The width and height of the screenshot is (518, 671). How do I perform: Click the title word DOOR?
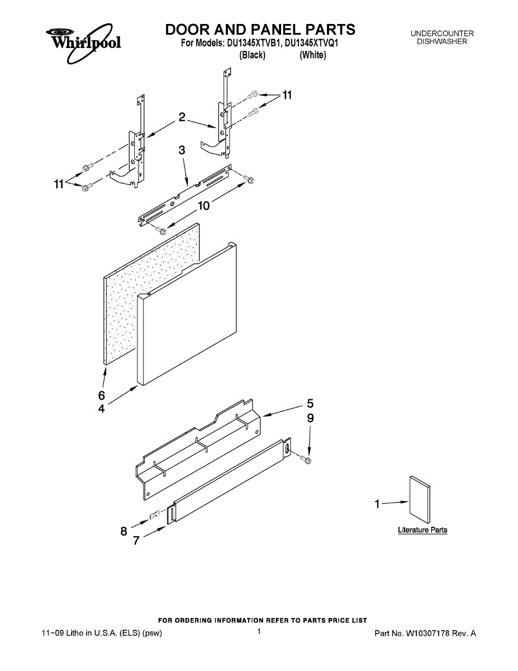click(187, 30)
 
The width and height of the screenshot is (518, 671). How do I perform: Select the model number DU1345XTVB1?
click(252, 42)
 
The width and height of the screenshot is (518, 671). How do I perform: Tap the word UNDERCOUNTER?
click(441, 34)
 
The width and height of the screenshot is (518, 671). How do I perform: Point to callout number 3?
click(182, 149)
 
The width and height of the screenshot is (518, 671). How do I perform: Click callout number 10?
click(203, 206)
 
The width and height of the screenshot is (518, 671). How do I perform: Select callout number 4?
click(101, 409)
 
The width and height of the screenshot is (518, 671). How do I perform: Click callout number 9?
click(310, 418)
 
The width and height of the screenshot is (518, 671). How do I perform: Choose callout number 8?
click(124, 531)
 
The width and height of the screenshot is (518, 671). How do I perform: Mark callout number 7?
click(136, 541)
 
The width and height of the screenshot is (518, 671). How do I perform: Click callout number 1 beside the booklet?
click(378, 504)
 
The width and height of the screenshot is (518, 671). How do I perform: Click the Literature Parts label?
click(422, 530)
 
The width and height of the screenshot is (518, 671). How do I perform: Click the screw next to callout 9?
click(306, 459)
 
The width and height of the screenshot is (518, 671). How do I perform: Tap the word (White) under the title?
click(313, 55)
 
